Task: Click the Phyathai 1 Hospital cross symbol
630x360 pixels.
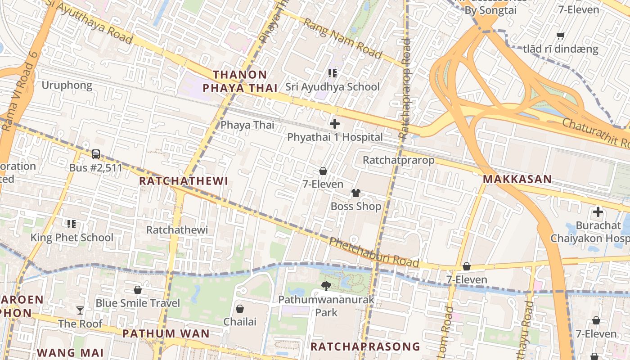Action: [x=334, y=124]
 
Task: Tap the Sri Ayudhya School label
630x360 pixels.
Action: [x=333, y=87]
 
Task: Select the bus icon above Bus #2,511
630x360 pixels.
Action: [x=96, y=154]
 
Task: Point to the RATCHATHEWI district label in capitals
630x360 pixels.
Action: [x=184, y=181]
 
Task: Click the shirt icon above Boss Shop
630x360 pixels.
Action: [x=356, y=193]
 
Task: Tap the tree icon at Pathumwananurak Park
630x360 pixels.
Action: [x=326, y=286]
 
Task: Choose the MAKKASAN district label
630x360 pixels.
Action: [x=517, y=179]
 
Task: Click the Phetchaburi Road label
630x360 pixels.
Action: [x=374, y=253]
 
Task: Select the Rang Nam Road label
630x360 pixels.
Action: [x=342, y=38]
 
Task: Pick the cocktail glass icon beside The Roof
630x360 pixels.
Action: [x=80, y=310]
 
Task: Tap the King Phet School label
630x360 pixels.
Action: [x=72, y=238]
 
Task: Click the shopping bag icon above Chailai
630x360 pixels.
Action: [x=240, y=308]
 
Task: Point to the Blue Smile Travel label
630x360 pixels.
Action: [x=138, y=303]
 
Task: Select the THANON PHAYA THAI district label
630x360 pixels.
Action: [x=240, y=81]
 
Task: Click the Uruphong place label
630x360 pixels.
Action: [x=67, y=85]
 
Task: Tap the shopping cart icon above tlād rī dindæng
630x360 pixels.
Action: [x=561, y=36]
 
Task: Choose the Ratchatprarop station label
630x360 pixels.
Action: [x=399, y=160]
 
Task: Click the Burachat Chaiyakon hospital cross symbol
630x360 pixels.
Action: [x=598, y=211]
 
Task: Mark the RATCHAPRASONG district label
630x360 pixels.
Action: [x=365, y=346]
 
